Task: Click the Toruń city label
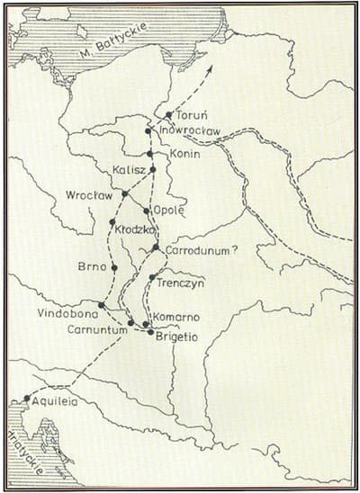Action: click(x=193, y=116)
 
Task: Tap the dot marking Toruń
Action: click(x=169, y=115)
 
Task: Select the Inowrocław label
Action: click(x=190, y=131)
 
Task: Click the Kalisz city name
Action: click(x=130, y=170)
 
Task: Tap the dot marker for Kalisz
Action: click(x=153, y=169)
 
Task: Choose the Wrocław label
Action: click(x=88, y=195)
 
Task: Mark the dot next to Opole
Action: click(x=147, y=211)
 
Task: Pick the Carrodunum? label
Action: click(x=202, y=251)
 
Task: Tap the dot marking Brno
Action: click(x=114, y=267)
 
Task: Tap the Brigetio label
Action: click(x=184, y=333)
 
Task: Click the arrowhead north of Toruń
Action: click(x=209, y=68)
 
